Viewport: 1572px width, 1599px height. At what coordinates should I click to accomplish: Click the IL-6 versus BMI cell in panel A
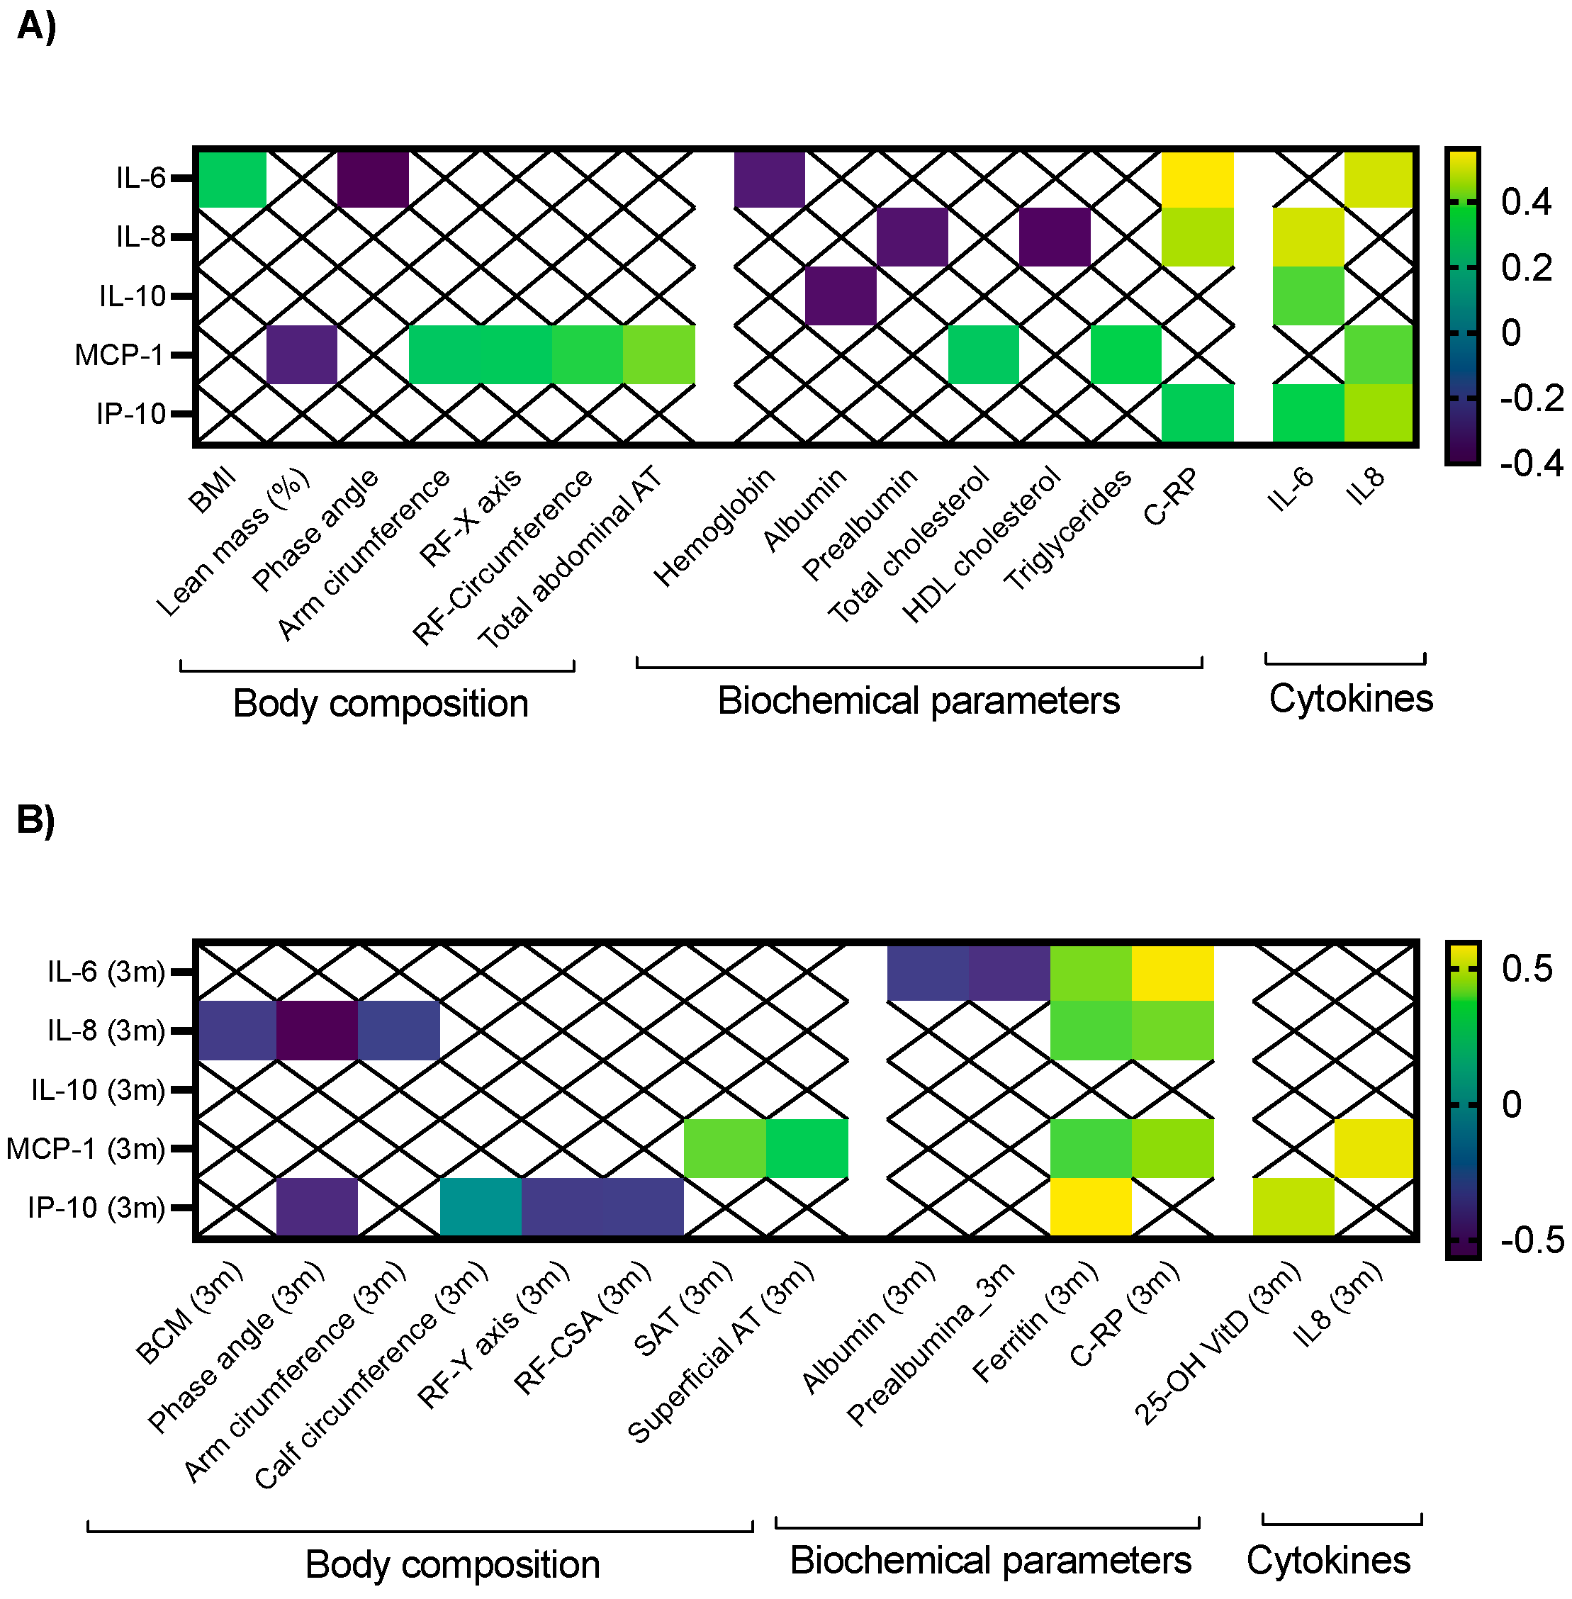pyautogui.click(x=231, y=179)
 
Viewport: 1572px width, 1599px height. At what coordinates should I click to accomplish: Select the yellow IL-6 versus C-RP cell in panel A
pyautogui.click(x=1197, y=179)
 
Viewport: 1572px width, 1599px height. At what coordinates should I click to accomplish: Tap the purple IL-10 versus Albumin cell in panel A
pyautogui.click(x=841, y=296)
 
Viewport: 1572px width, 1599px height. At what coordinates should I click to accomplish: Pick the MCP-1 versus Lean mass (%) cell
pyautogui.click(x=302, y=355)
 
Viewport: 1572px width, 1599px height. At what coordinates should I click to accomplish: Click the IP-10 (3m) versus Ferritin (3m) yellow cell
pyautogui.click(x=1091, y=1208)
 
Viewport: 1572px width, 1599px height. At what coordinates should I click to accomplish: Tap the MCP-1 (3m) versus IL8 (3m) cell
pyautogui.click(x=1375, y=1148)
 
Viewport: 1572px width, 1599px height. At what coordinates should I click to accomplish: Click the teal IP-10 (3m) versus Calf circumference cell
pyautogui.click(x=481, y=1208)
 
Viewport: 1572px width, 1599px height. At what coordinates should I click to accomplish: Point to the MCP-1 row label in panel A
pyautogui.click(x=120, y=355)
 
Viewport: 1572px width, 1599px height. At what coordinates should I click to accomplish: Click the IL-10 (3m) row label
pyautogui.click(x=97, y=1089)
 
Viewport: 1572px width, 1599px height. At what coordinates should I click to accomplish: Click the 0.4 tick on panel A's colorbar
pyautogui.click(x=1527, y=202)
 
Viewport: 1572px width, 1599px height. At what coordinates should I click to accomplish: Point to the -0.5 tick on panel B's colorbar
pyautogui.click(x=1532, y=1239)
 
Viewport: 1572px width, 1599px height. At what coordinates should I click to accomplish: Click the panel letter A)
pyautogui.click(x=36, y=26)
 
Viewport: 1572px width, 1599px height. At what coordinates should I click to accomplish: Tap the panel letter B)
pyautogui.click(x=35, y=820)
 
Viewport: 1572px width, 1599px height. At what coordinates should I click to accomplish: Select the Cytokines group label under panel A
pyautogui.click(x=1351, y=698)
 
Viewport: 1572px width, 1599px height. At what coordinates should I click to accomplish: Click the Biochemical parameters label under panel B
pyautogui.click(x=990, y=1560)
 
